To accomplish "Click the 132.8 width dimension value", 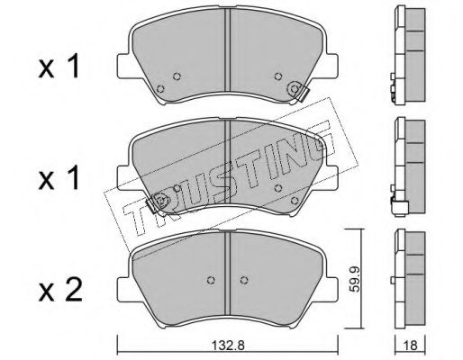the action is [229, 346].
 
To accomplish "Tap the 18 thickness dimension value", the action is [411, 346].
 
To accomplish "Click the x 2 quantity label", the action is [60, 290].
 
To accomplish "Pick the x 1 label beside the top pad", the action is [59, 67].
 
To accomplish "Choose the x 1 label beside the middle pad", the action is [59, 178].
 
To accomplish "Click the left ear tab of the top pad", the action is [123, 67].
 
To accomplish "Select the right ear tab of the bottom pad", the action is [331, 290].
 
